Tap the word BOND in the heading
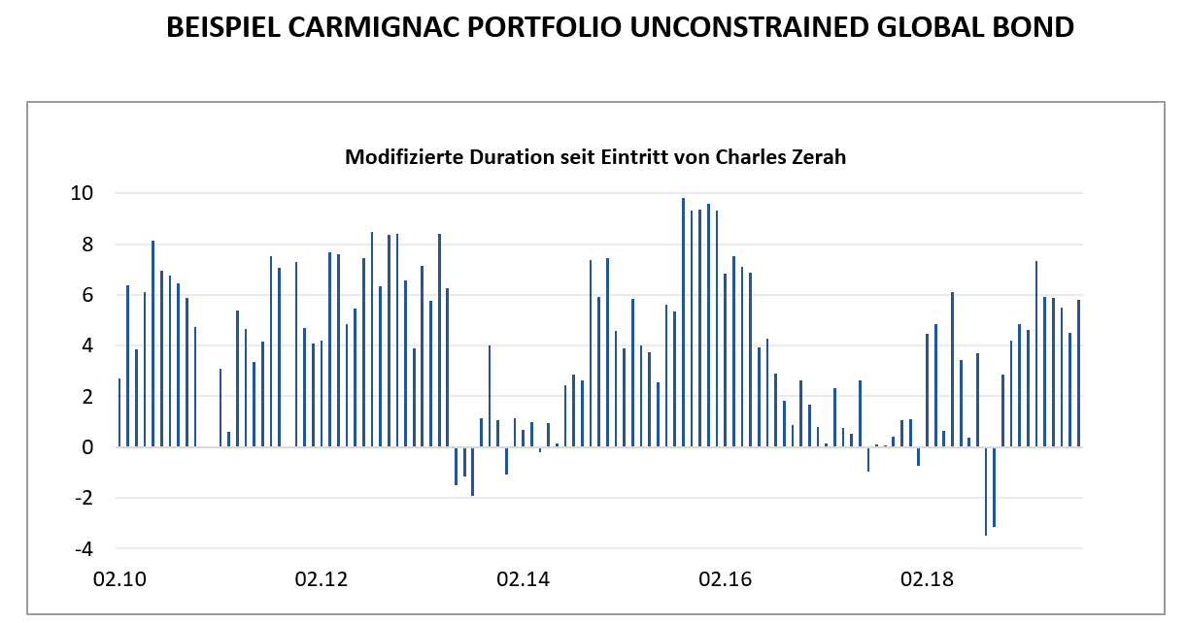[1029, 28]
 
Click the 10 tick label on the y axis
[83, 193]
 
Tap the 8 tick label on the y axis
[87, 245]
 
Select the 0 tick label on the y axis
[87, 447]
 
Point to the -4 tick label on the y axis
[84, 549]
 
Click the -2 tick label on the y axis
[84, 498]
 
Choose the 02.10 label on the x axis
[119, 580]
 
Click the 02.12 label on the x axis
[322, 580]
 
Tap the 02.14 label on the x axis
[524, 580]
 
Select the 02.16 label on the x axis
[726, 580]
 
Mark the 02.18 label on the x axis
[928, 580]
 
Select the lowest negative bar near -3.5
[986, 491]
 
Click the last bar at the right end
[1078, 374]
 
